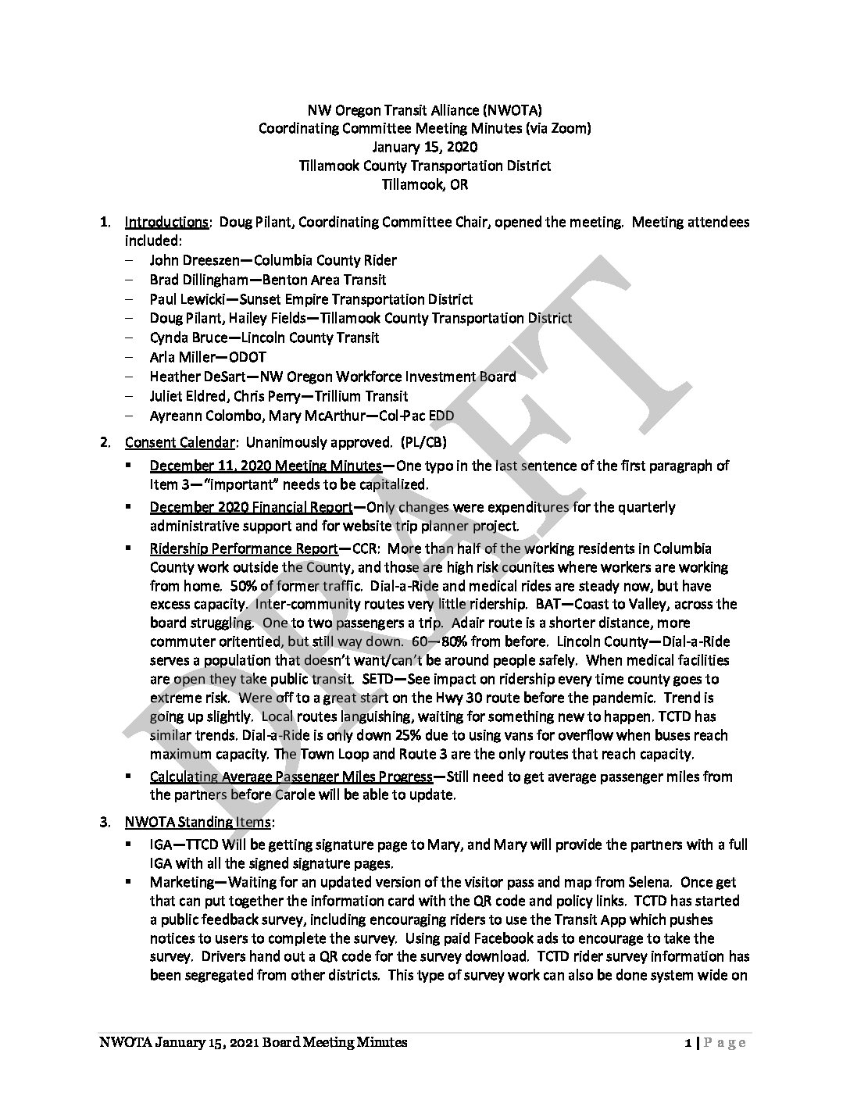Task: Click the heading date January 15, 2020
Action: coord(424,147)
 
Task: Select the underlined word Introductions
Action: coord(166,222)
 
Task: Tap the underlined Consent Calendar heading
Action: coord(180,443)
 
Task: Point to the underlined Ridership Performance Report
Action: coord(244,548)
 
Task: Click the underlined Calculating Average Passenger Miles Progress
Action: coord(291,777)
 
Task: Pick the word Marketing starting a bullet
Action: coord(180,882)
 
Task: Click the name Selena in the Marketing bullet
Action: coord(652,882)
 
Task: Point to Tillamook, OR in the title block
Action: coord(424,185)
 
